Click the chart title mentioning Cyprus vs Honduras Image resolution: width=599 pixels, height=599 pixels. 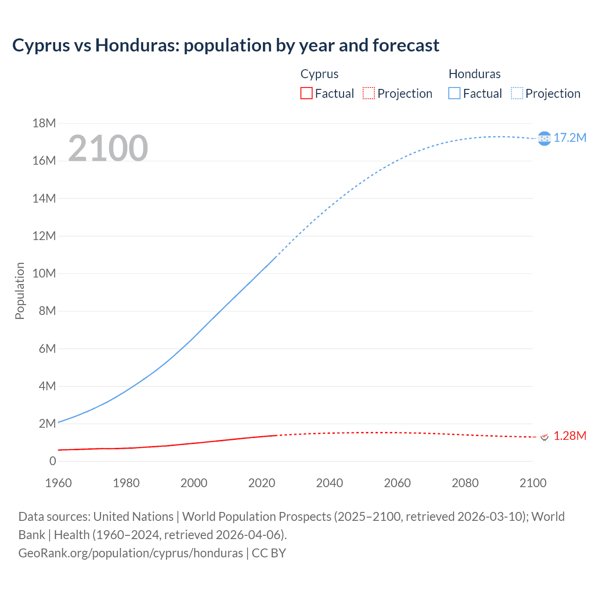pyautogui.click(x=226, y=45)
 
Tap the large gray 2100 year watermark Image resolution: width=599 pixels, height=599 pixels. pyautogui.click(x=108, y=148)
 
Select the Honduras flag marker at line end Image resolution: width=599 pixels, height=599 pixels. pyautogui.click(x=544, y=139)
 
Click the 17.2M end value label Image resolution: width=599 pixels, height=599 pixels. pyautogui.click(x=570, y=138)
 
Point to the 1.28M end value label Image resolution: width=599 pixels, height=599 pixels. pyautogui.click(x=570, y=436)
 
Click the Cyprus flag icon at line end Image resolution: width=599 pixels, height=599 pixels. pyautogui.click(x=544, y=437)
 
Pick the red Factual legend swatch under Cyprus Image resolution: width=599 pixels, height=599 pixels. pyautogui.click(x=307, y=94)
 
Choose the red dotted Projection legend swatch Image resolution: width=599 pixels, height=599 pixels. pyautogui.click(x=369, y=94)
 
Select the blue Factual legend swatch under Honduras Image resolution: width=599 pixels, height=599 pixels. pyautogui.click(x=454, y=94)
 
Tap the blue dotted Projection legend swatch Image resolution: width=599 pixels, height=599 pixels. pyautogui.click(x=517, y=94)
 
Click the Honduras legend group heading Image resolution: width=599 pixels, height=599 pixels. pyautogui.click(x=475, y=74)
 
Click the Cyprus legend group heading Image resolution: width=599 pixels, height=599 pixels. pyautogui.click(x=320, y=74)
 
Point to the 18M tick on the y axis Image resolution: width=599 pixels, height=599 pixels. pyautogui.click(x=44, y=123)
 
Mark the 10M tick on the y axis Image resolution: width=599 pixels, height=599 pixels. pyautogui.click(x=44, y=273)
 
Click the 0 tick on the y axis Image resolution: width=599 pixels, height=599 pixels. pyautogui.click(x=52, y=461)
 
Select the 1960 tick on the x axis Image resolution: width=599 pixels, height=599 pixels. pyautogui.click(x=58, y=483)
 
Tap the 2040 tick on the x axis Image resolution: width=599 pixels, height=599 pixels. pyautogui.click(x=329, y=483)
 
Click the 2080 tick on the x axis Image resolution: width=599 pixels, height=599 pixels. pyautogui.click(x=465, y=483)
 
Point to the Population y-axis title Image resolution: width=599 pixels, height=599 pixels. pyautogui.click(x=20, y=291)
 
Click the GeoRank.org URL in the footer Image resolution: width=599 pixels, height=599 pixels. pyautogui.click(x=131, y=553)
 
